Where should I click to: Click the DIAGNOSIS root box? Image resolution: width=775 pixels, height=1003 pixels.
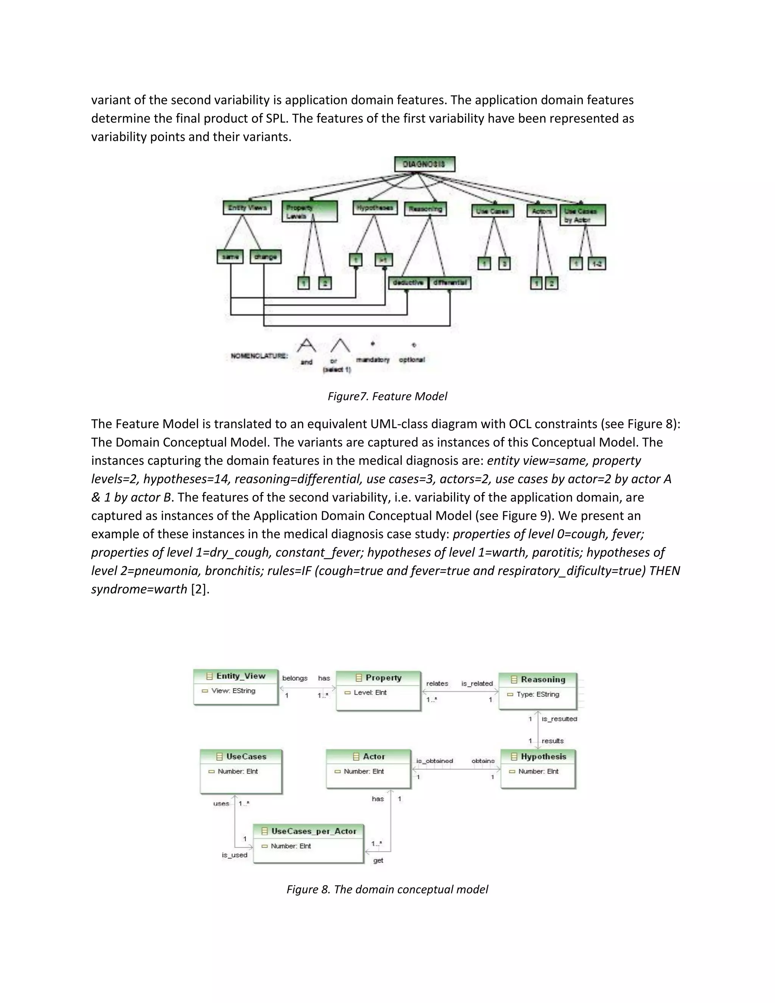pos(424,164)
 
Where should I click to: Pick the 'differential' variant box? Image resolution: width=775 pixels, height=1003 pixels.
pos(450,282)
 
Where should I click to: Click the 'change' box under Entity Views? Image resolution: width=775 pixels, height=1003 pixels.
pos(265,257)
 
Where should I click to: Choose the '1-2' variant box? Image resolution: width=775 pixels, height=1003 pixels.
pos(597,263)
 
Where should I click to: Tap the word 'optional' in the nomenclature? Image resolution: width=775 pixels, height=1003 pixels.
pos(412,360)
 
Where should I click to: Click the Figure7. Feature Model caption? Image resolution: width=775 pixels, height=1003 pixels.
pos(387,396)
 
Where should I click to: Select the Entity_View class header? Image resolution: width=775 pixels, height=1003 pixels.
pos(236,676)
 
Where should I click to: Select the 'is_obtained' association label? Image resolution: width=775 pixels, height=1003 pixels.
pos(434,761)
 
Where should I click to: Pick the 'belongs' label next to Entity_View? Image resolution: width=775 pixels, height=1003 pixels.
pos(295,678)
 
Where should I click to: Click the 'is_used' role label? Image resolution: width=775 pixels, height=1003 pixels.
pos(234,855)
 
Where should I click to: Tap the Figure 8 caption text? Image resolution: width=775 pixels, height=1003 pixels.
pos(387,889)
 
